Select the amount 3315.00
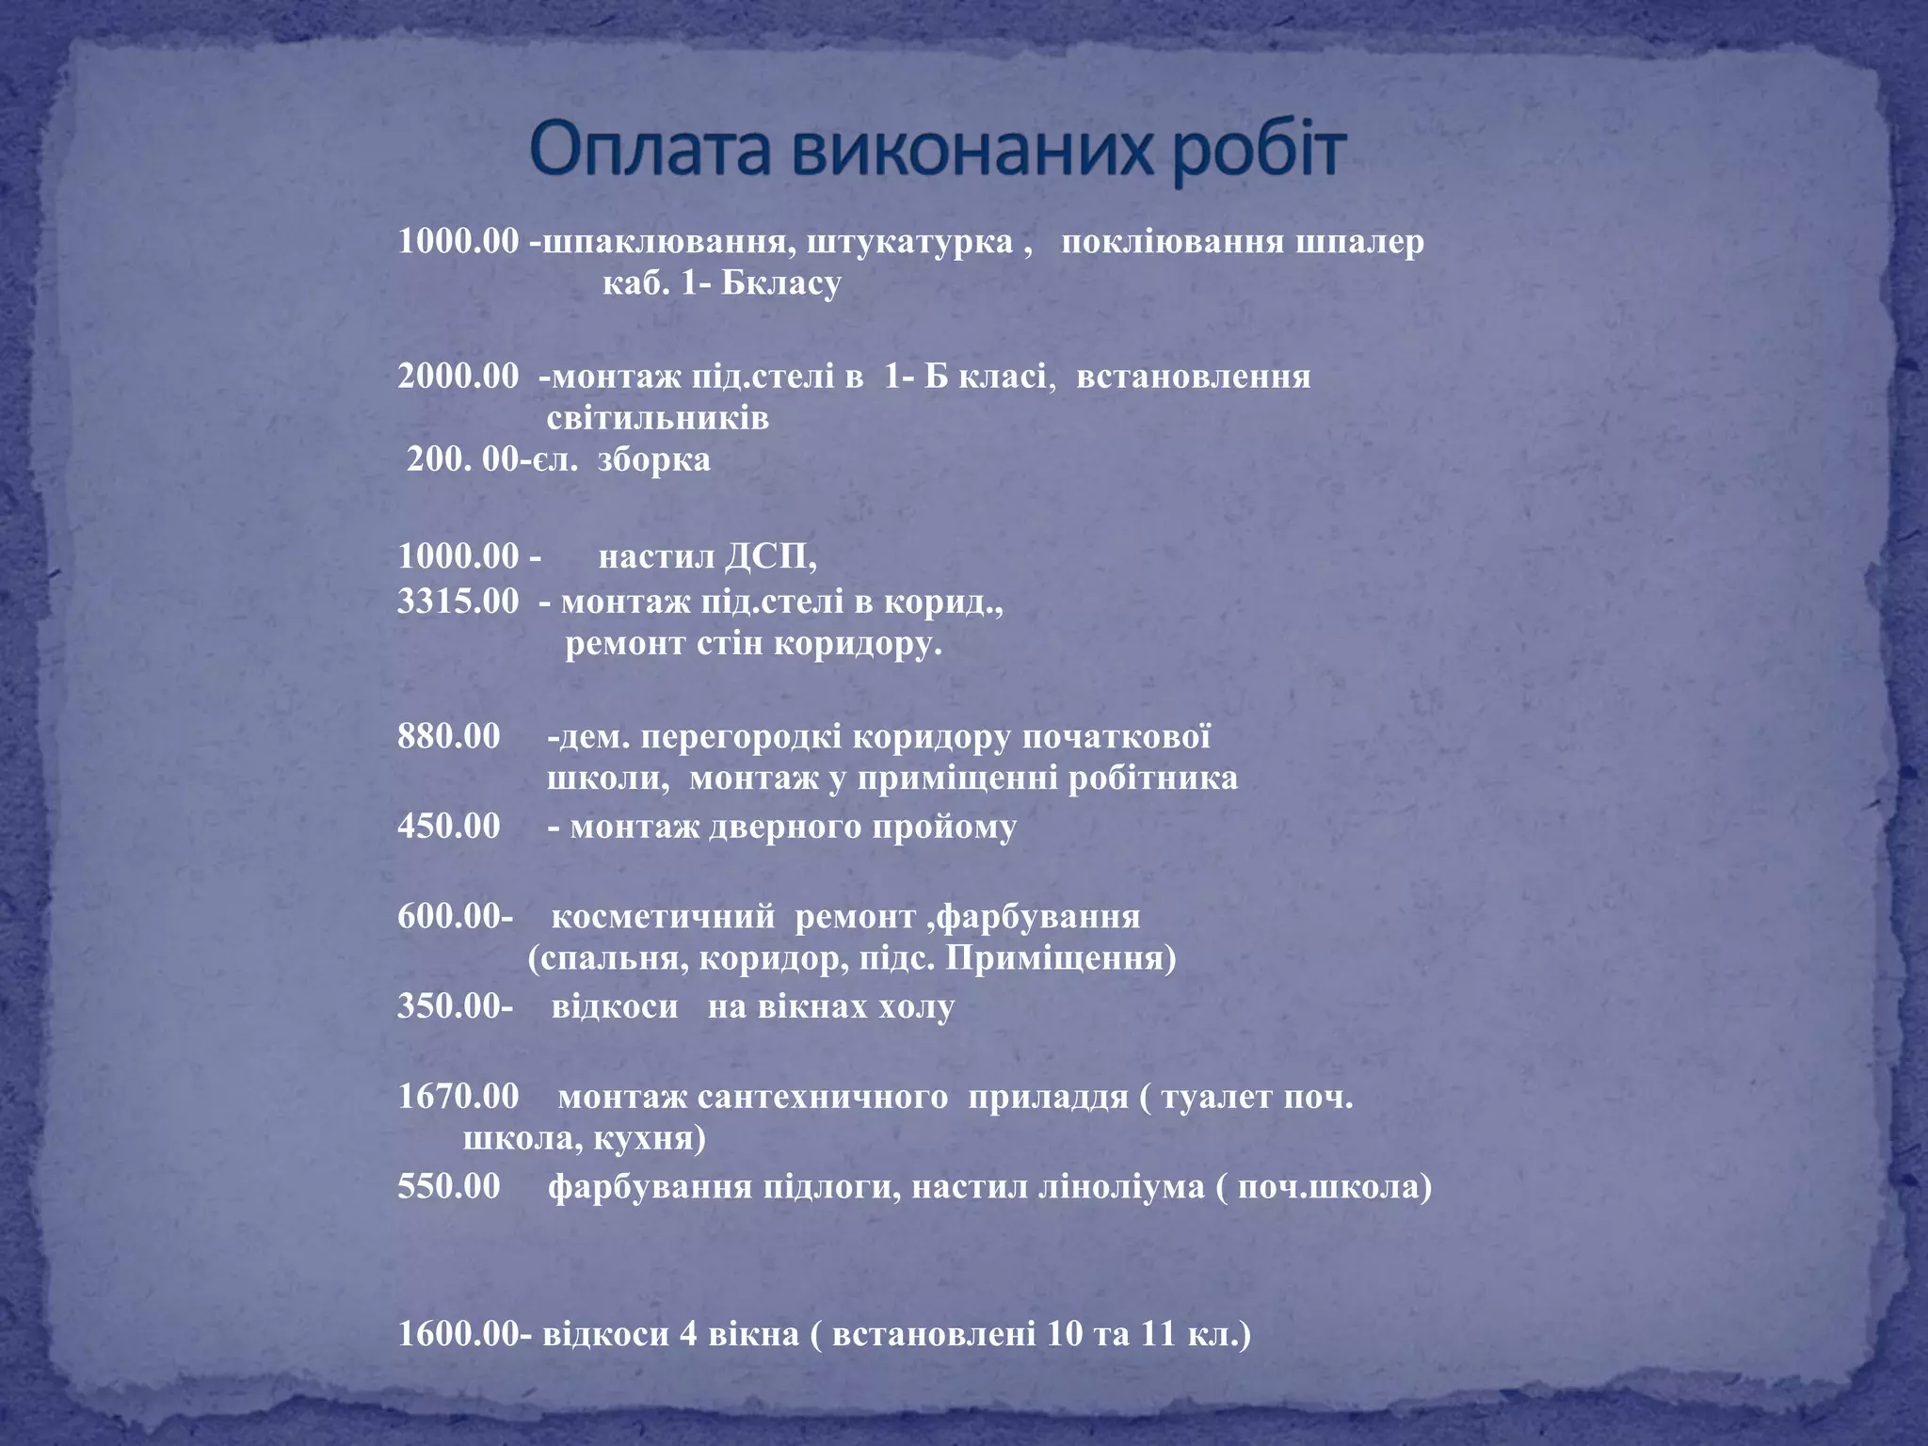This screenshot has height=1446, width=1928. tap(458, 601)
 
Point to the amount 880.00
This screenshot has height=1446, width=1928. tap(448, 736)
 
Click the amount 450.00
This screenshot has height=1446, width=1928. tap(448, 826)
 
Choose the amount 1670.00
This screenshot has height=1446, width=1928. tap(458, 1096)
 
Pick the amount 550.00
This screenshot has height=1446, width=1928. tap(448, 1185)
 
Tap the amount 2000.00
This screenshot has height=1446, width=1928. tap(458, 376)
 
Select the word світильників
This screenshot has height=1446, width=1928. tap(657, 417)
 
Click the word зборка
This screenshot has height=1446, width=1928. tap(653, 459)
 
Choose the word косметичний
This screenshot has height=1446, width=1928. tap(663, 916)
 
